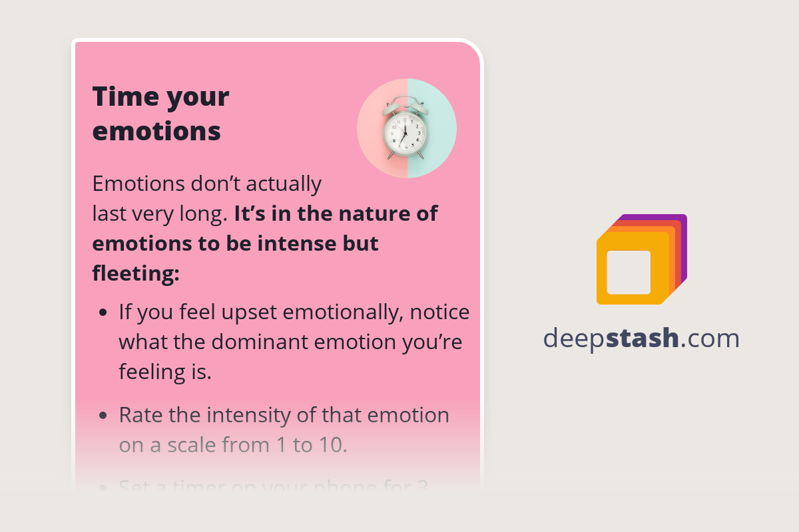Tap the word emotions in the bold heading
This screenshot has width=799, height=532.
click(156, 131)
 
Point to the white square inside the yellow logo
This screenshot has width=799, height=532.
click(629, 272)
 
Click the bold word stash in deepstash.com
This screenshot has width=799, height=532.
click(644, 338)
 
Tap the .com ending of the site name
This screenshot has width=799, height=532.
click(710, 338)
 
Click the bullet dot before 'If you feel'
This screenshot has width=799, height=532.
click(103, 312)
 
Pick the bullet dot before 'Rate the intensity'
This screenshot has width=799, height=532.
click(103, 416)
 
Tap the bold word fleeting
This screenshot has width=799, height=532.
click(135, 273)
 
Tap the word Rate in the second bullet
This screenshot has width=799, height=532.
click(140, 415)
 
